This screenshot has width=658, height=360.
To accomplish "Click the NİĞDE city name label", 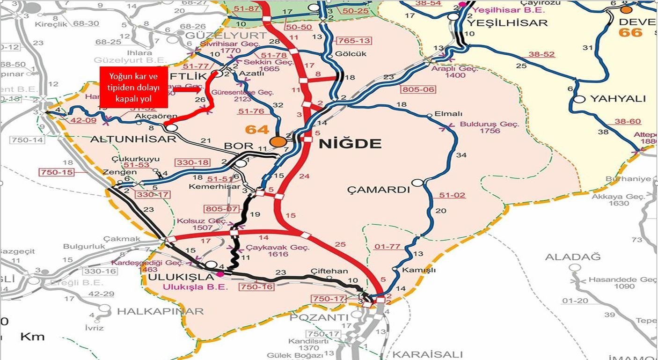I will pyautogui.click(x=350, y=144).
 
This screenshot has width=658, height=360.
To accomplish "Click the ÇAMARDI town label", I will pyautogui.click(x=379, y=190).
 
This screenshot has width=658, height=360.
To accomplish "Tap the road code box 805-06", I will pyautogui.click(x=418, y=89).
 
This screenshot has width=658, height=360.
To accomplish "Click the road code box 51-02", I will pyautogui.click(x=452, y=195).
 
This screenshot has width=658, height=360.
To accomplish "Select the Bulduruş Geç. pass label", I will pyautogui.click(x=490, y=125).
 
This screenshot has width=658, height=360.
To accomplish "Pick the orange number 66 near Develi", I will pyautogui.click(x=630, y=32).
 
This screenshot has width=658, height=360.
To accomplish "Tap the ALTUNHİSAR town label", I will pyautogui.click(x=133, y=139).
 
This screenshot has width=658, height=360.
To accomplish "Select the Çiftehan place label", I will pyautogui.click(x=329, y=271).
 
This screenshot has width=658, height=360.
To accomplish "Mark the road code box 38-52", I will pyautogui.click(x=541, y=54).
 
